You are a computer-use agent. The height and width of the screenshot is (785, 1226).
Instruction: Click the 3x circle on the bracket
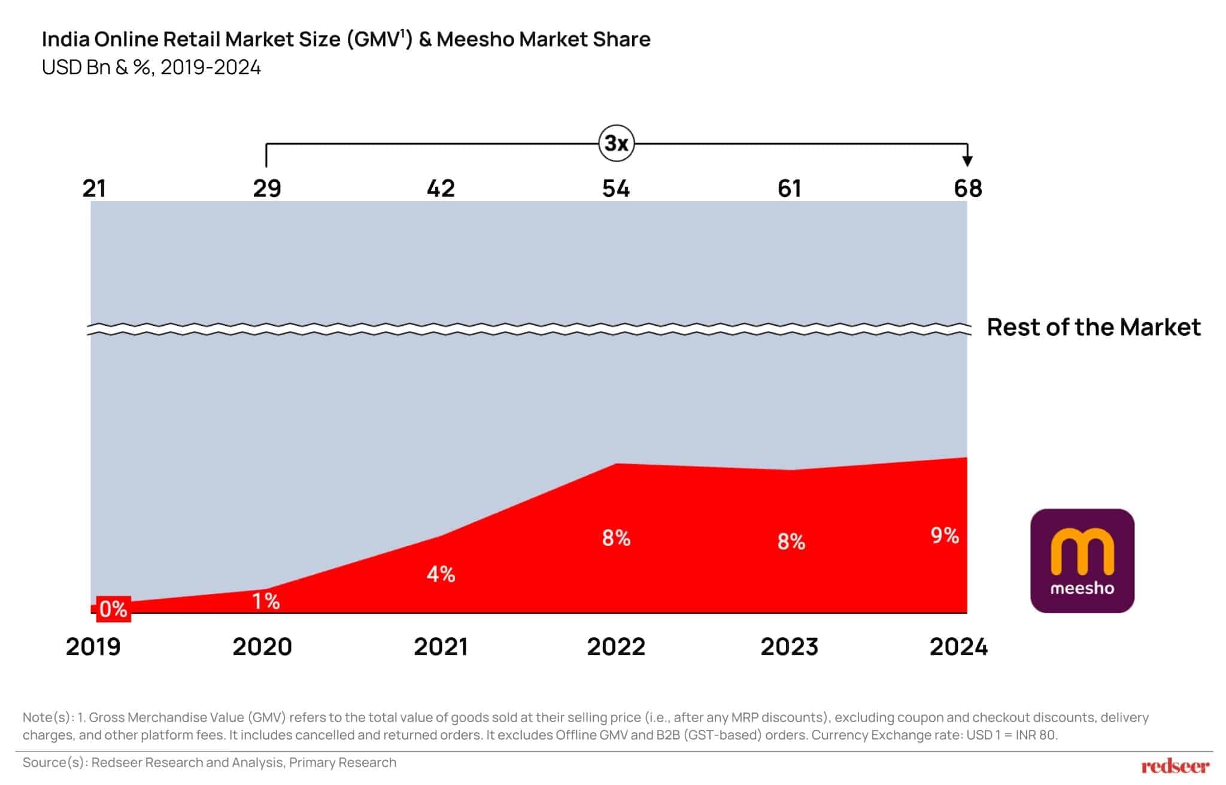616,144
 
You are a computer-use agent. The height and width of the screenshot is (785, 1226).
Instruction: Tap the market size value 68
967,189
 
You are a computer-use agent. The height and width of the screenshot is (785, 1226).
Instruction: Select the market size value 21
94,189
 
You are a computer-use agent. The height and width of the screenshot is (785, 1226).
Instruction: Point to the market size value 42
441,189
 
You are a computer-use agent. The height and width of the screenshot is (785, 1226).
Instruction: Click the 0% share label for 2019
113,609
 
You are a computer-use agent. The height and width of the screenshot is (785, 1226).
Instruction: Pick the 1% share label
266,601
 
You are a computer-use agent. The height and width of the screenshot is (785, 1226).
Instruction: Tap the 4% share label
441,574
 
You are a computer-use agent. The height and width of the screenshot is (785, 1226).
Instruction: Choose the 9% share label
945,535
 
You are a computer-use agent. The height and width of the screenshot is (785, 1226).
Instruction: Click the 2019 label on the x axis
93,647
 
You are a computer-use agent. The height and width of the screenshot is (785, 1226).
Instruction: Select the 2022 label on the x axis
616,647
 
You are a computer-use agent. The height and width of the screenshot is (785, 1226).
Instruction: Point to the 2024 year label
958,647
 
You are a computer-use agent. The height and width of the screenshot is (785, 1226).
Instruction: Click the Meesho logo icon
1082,560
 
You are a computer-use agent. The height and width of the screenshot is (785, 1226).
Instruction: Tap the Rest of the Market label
1093,328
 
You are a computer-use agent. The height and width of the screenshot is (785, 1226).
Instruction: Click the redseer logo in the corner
1175,766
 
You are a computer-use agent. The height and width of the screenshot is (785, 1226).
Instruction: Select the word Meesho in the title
475,40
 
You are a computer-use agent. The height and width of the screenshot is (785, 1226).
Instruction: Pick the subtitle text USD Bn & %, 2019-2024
151,68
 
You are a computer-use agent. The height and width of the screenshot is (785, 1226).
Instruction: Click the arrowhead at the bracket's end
967,160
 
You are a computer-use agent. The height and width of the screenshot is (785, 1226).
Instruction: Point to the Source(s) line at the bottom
210,762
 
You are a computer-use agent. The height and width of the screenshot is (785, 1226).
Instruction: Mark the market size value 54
616,189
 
